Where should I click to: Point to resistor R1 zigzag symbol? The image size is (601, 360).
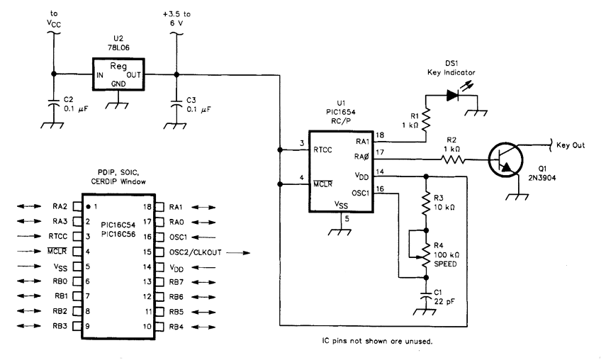pos(423,120)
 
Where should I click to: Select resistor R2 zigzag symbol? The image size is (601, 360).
pos(452,161)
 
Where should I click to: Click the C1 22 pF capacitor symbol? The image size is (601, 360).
pos(425,293)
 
